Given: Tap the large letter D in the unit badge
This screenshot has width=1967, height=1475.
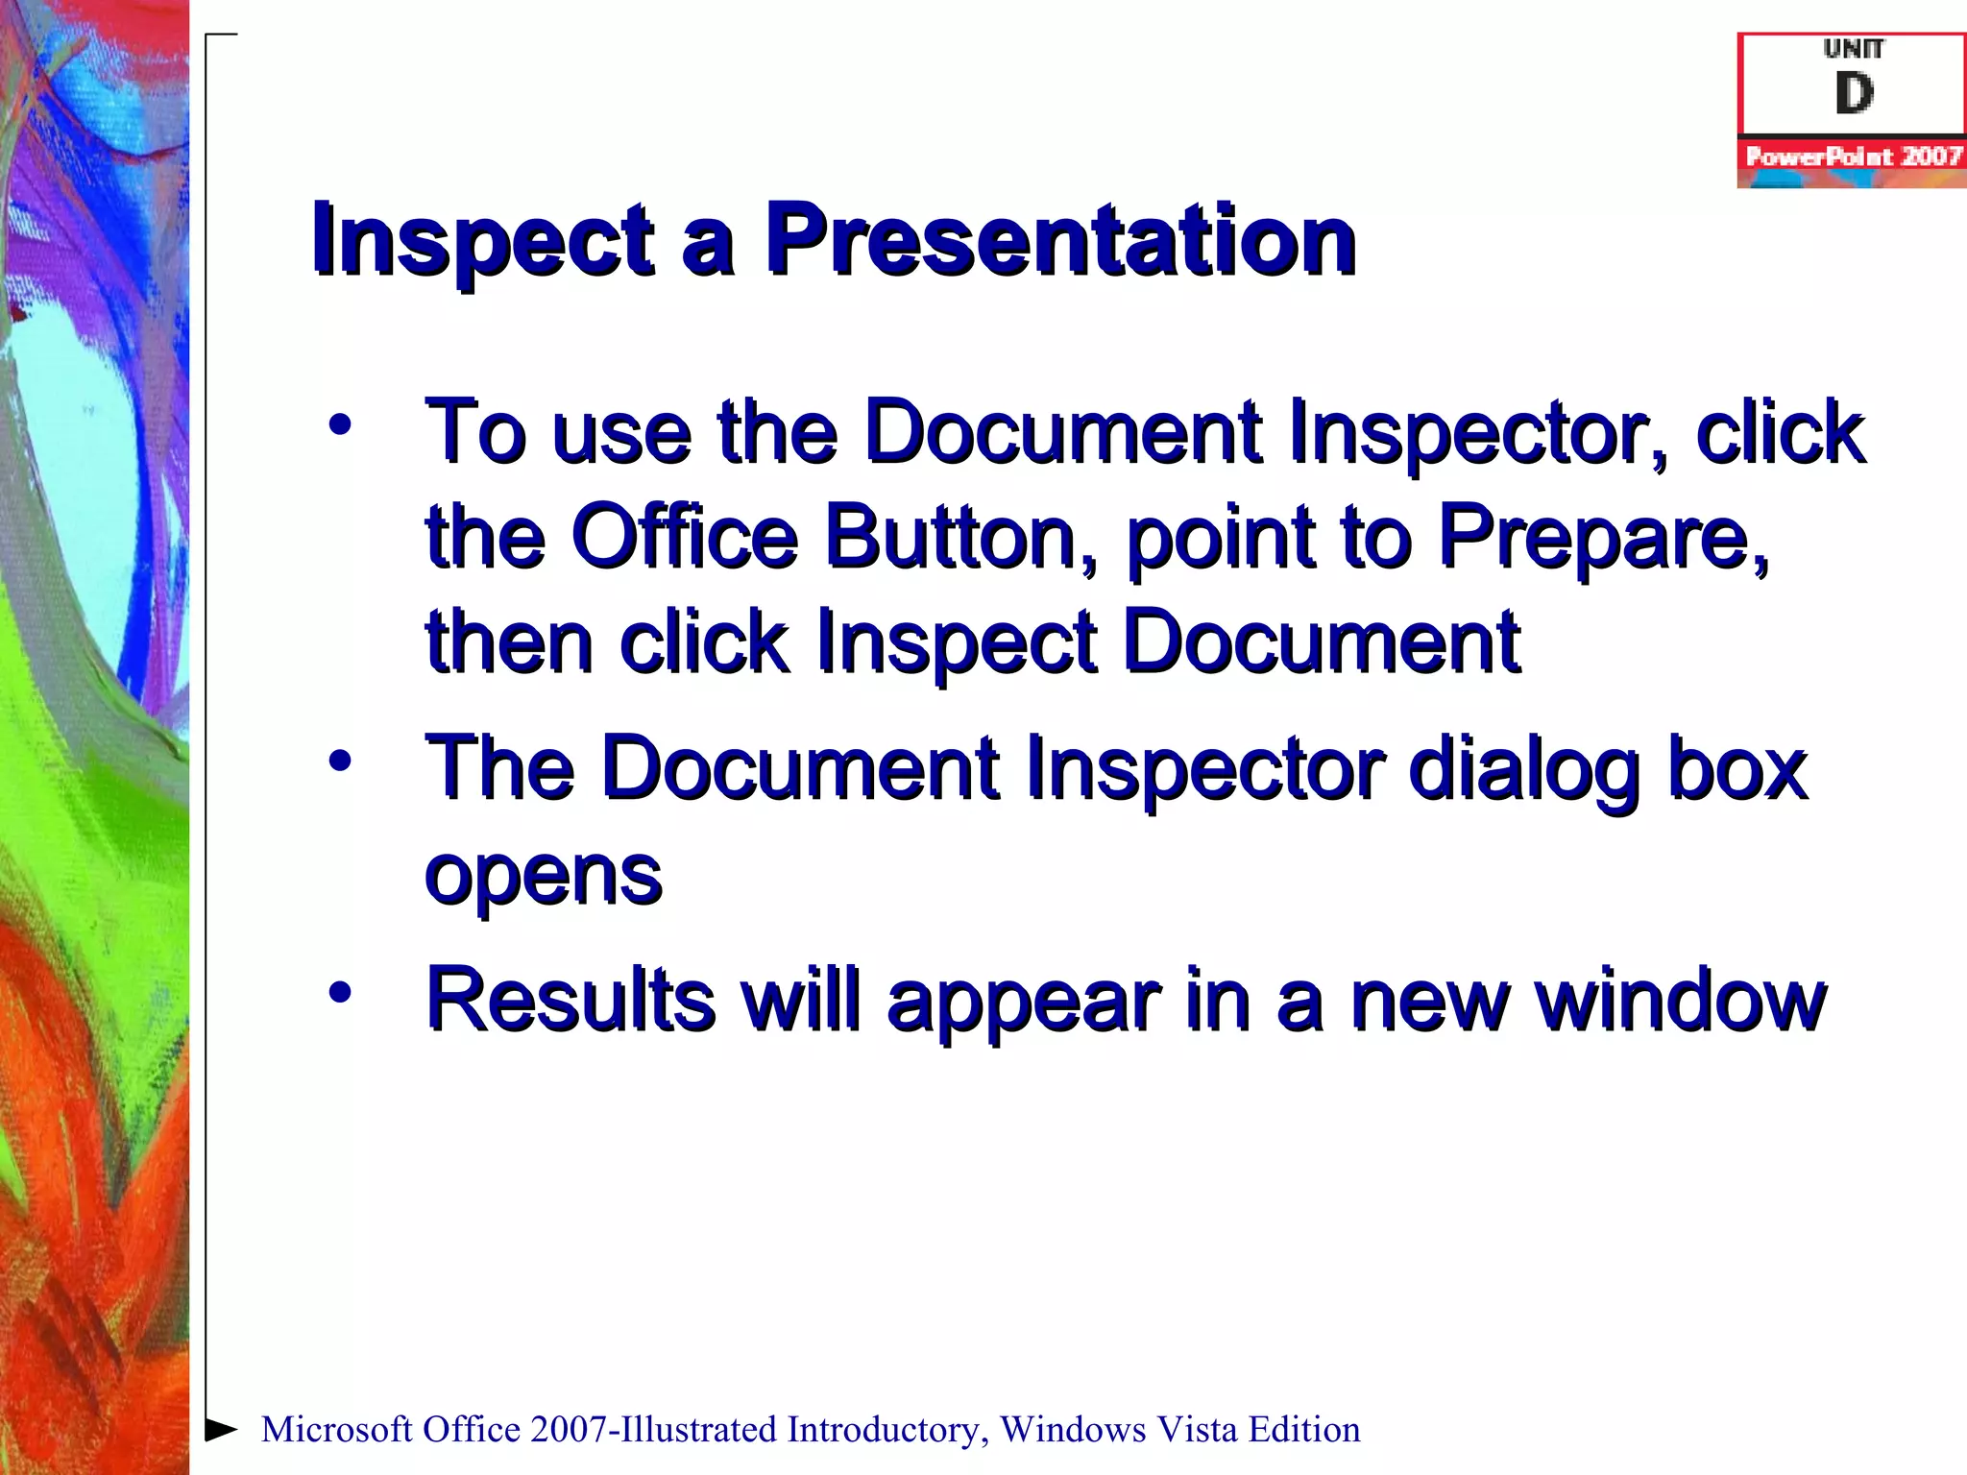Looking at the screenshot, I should [1854, 94].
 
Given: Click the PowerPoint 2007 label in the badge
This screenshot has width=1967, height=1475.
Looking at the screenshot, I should [1853, 157].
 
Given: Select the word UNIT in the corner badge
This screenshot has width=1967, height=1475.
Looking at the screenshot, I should [1854, 49].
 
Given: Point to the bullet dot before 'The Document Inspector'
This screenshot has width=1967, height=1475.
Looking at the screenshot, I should [340, 761].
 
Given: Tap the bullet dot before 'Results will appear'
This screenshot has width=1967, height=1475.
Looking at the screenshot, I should [340, 992].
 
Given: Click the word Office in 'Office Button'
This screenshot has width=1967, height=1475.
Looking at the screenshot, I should [684, 537].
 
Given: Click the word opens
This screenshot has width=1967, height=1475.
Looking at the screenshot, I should [544, 876].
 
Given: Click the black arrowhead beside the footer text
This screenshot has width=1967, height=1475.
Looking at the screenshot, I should [221, 1430].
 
